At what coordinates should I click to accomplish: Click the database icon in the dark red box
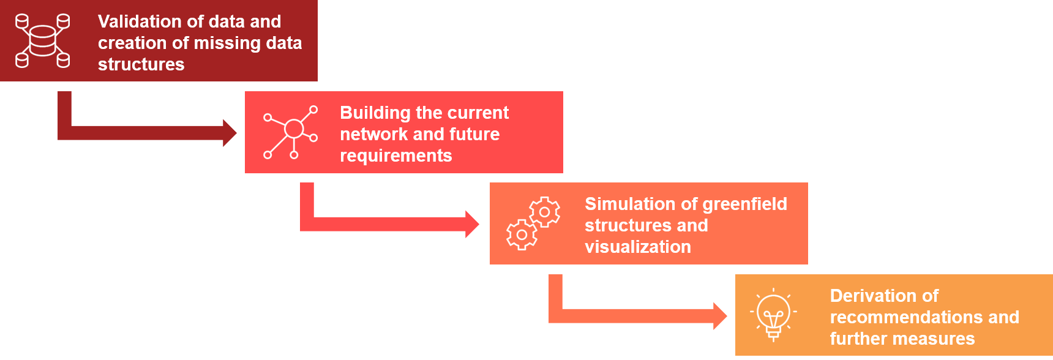tap(42, 40)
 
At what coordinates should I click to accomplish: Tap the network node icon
tap(291, 132)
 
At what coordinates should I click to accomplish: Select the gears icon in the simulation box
tap(533, 223)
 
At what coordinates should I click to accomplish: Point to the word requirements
tap(395, 156)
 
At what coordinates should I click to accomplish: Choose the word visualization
tap(637, 247)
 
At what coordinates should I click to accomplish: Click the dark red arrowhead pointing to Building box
tap(230, 133)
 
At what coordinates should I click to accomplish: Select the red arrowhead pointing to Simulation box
tap(473, 224)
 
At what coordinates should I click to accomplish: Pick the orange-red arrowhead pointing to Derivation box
tap(721, 316)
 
